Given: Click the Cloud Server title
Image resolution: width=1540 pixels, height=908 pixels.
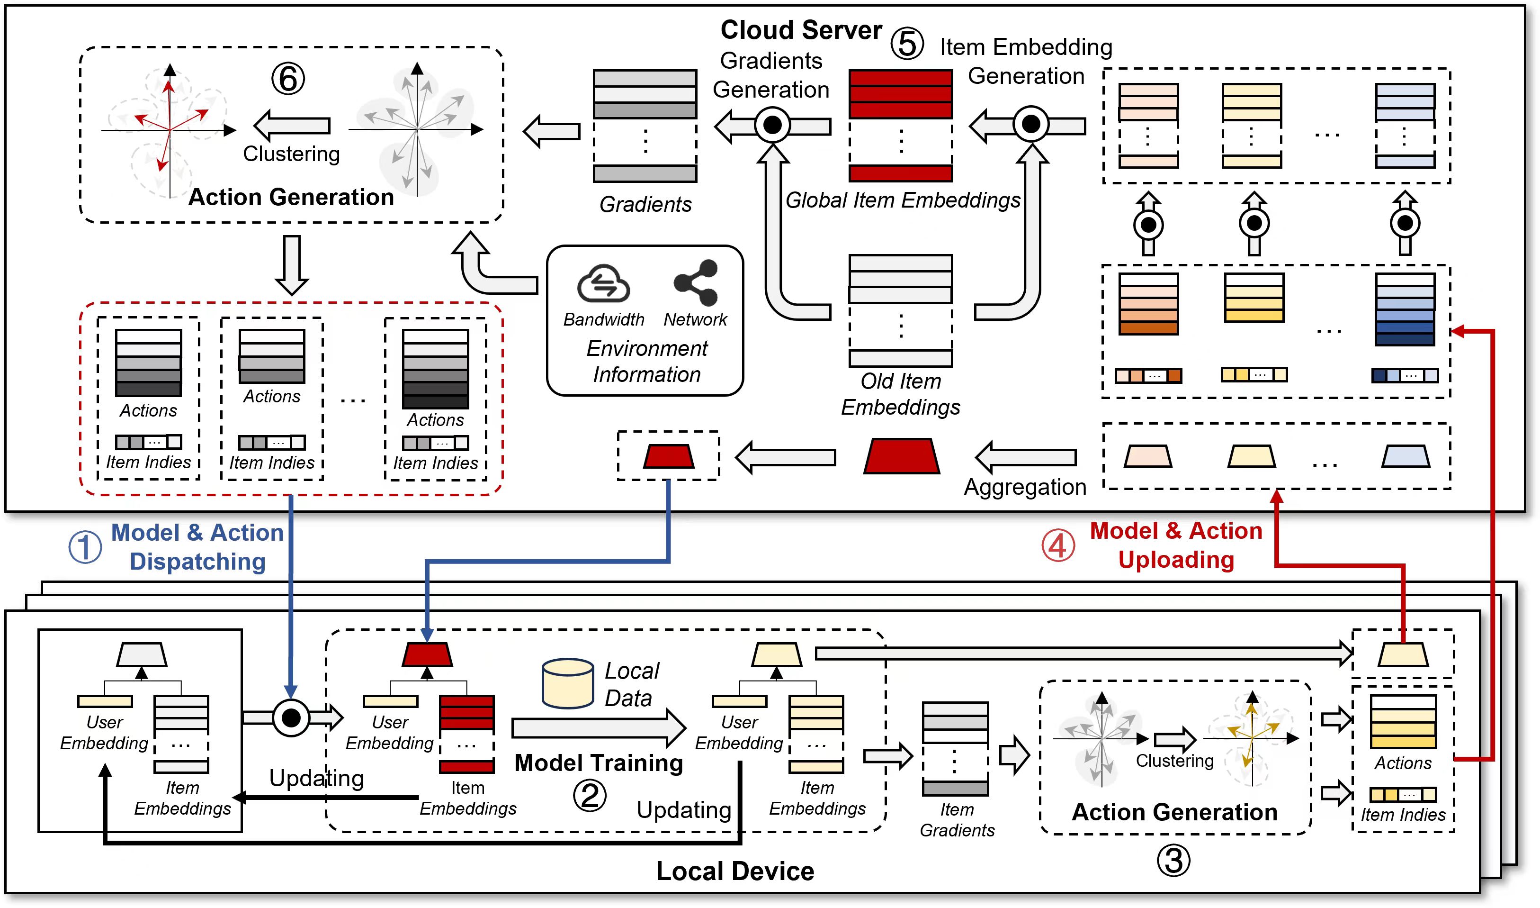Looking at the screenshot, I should [800, 29].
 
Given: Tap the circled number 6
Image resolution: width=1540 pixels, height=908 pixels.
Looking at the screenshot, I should [288, 79].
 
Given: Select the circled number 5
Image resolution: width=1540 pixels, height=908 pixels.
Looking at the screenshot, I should [907, 44].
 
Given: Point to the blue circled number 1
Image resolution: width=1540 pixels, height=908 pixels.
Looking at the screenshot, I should [85, 546].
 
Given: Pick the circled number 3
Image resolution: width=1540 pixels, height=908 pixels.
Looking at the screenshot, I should [1173, 860].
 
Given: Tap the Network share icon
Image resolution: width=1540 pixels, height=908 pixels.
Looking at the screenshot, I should [696, 282].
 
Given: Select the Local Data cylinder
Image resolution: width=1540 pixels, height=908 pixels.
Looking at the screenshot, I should [567, 683].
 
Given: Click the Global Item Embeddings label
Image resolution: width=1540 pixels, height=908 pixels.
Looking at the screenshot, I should [902, 200].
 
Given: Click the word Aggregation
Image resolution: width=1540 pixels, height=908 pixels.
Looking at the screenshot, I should [1025, 487].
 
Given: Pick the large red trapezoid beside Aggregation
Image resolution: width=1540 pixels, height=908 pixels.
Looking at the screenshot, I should [901, 456].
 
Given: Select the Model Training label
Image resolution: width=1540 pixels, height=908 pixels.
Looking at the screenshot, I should [599, 763].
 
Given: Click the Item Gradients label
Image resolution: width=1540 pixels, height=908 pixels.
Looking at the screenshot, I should [957, 820].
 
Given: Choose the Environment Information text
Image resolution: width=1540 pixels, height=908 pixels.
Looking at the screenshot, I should [647, 361].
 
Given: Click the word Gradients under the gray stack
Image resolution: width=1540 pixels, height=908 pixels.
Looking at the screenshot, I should [645, 204].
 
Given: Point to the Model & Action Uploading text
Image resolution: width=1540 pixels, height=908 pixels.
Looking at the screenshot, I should [1176, 545].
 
